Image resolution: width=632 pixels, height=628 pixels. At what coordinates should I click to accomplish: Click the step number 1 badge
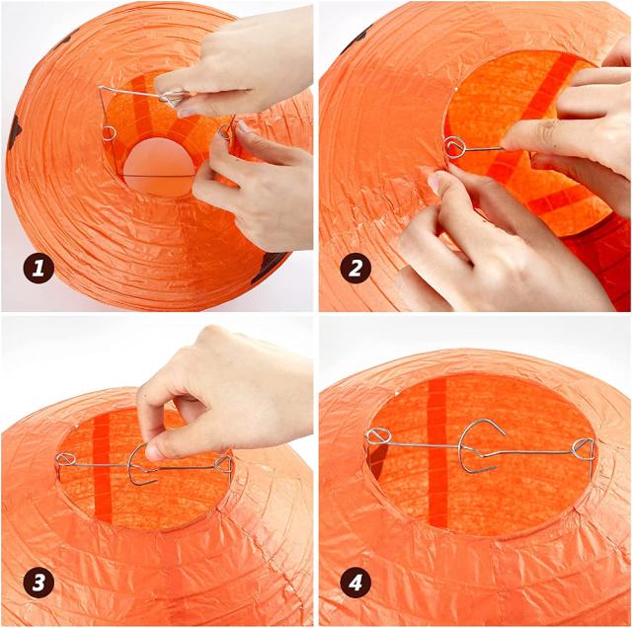39,268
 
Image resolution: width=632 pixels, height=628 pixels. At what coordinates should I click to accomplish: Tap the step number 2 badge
355,268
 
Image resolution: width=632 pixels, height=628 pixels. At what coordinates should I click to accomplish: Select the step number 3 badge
39,583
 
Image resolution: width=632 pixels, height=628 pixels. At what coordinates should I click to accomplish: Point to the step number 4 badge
355,583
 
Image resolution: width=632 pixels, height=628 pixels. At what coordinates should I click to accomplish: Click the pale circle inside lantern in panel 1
159,167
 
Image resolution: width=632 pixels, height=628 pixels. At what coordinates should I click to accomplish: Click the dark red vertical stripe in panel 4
437,451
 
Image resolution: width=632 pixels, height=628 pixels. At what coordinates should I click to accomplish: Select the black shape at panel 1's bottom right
273,264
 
